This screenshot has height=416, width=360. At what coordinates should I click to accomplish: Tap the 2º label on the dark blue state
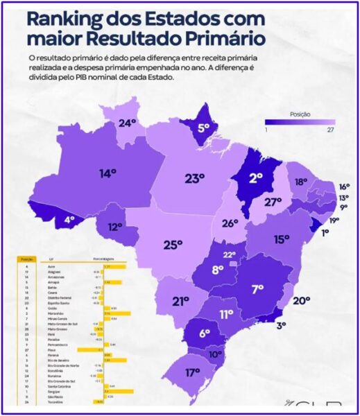pos(256,177)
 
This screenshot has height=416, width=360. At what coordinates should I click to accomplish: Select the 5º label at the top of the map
pos(203,128)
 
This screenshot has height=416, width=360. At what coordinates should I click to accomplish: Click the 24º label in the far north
pos(127,123)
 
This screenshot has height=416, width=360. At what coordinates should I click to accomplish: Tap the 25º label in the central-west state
pos(172,244)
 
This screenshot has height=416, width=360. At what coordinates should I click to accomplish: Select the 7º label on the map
pos(257,288)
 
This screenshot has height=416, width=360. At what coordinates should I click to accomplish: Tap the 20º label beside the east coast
pos(301,300)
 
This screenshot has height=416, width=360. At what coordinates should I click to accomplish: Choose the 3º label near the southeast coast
pos(281,324)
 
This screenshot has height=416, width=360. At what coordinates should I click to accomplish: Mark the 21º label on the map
pos(181,300)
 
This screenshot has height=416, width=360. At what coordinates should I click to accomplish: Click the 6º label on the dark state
pos(204,333)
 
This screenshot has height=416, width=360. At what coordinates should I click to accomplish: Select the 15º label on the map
pos(282,239)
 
